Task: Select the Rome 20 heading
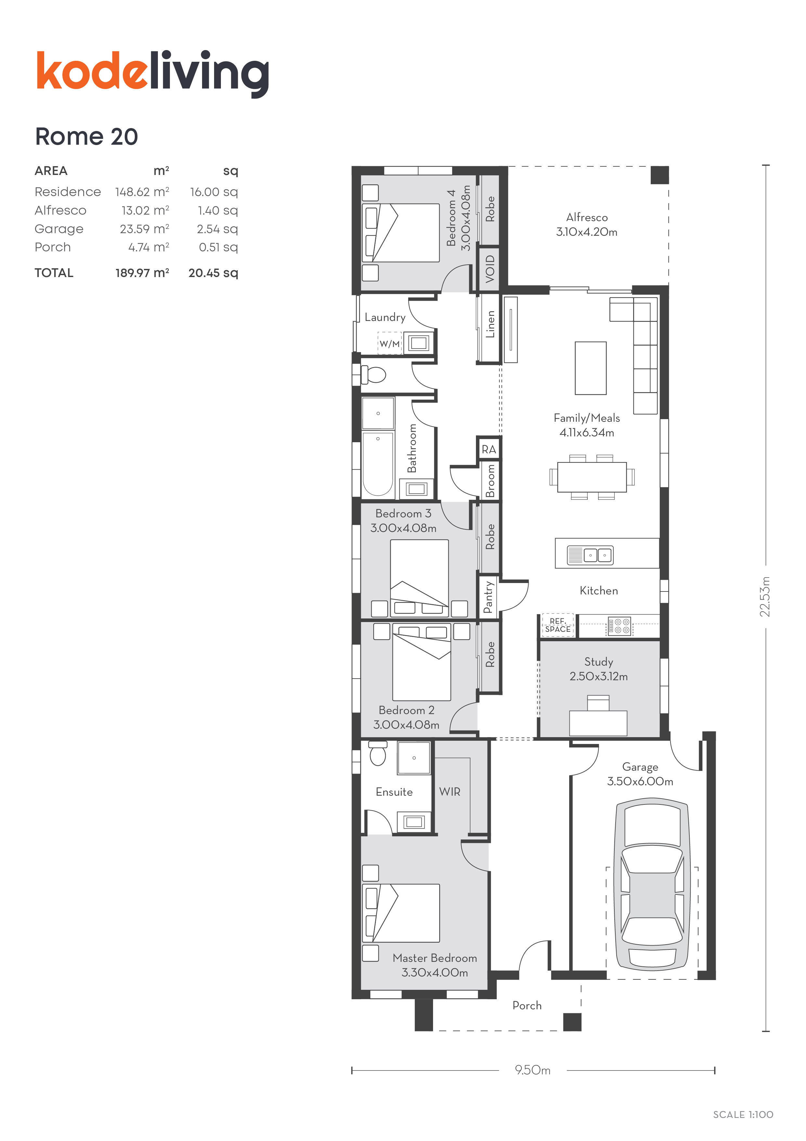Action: click(x=86, y=137)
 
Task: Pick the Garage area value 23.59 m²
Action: click(x=144, y=229)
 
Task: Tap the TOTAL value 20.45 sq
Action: click(x=213, y=273)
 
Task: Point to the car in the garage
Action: click(x=652, y=884)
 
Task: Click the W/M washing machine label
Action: click(x=389, y=344)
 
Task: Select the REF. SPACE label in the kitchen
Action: click(x=558, y=625)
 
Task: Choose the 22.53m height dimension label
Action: click(x=765, y=597)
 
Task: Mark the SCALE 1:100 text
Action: click(x=743, y=1115)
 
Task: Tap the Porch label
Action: click(x=527, y=1005)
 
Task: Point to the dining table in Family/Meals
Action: click(x=592, y=477)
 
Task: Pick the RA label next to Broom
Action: click(x=489, y=449)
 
